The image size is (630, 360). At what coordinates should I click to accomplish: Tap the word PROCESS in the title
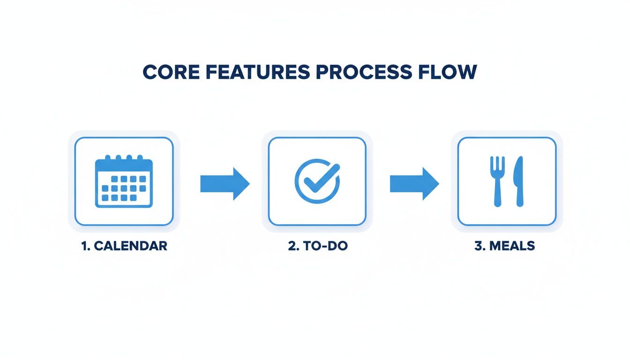(x=365, y=72)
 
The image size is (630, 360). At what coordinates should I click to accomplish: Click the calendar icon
(x=124, y=181)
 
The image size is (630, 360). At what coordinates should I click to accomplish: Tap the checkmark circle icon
(x=317, y=181)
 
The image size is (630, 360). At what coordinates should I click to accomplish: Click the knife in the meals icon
(x=518, y=181)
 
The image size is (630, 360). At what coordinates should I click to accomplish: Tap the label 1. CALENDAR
(x=124, y=246)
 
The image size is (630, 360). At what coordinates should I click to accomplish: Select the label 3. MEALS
(x=504, y=246)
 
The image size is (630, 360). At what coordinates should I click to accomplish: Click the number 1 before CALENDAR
(x=85, y=246)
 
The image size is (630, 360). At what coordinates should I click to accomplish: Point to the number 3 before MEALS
(x=479, y=246)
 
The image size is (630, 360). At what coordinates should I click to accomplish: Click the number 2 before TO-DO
(x=292, y=246)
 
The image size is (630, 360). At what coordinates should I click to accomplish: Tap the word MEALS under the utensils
(x=512, y=246)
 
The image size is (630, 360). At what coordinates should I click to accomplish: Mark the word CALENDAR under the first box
(x=130, y=246)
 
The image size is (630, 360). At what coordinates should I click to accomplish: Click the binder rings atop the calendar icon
(x=124, y=158)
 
